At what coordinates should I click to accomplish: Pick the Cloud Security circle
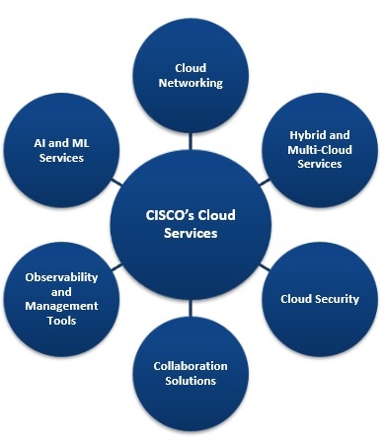[319, 298]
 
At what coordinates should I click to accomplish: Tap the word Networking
[192, 84]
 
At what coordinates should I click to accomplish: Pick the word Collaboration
[191, 365]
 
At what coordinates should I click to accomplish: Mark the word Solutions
[191, 381]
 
